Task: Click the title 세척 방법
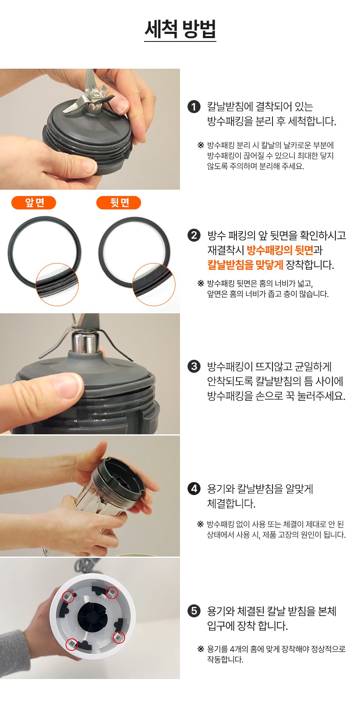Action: pos(180,29)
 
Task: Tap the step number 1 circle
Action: pos(194,107)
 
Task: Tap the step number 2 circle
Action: pos(194,235)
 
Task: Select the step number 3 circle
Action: pos(194,366)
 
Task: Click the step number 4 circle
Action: pos(194,488)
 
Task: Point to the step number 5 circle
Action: pos(194,611)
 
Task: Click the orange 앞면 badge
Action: pos(34,203)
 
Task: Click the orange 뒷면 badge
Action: pos(119,203)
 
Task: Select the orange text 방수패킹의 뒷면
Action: pos(280,250)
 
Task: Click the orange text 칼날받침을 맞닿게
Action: pos(245,265)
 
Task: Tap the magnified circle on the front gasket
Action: pos(57,284)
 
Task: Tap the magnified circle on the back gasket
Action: pos(154,284)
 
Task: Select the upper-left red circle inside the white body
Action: pos(68,597)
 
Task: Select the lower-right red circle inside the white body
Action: pos(119,637)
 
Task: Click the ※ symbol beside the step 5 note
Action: pos(200,649)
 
